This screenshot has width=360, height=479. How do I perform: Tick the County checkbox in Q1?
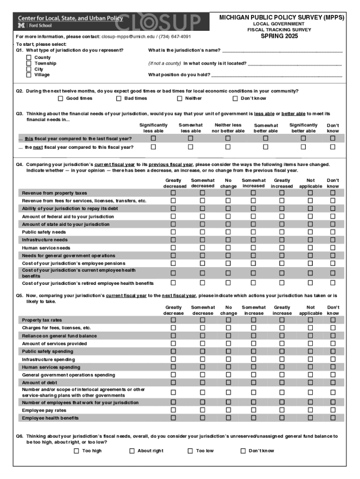pos(29,58)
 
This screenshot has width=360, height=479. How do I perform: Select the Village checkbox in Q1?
pos(29,74)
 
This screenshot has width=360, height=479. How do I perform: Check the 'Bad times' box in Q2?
pos(119,98)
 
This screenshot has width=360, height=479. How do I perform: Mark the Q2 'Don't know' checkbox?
pos(235,98)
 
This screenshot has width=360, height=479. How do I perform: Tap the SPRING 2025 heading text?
pos(279,36)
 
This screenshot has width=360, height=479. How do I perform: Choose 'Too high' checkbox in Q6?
pos(76,451)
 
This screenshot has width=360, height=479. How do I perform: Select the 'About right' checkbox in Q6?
pos(132,451)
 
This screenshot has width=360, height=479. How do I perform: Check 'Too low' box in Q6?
pos(190,451)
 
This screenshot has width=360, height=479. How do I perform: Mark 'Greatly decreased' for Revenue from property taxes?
pos(173,193)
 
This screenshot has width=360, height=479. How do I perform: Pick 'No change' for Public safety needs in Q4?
pos(228,232)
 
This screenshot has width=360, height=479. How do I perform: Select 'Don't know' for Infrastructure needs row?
pos(333,239)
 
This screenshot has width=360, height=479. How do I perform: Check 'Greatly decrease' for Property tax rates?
pos(173,320)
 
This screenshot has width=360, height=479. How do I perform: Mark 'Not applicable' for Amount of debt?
pos(310,382)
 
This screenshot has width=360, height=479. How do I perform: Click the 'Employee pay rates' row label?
pos(44,410)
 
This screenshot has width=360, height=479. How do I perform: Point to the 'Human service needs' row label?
pos(46,248)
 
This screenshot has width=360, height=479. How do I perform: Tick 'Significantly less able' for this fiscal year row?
pos(153,138)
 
